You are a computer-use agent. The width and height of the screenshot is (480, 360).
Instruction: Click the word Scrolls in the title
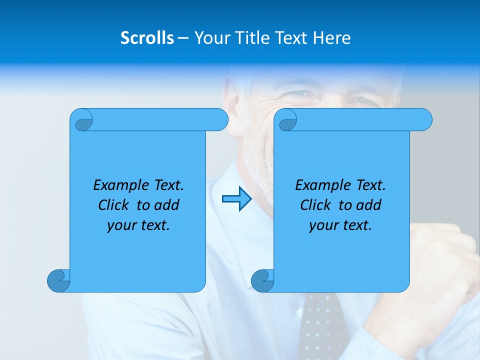tap(147, 38)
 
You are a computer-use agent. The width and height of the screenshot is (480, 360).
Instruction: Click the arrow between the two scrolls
tap(236, 199)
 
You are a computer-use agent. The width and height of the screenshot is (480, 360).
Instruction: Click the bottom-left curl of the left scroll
tap(58, 280)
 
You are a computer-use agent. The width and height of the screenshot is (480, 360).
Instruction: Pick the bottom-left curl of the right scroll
tap(262, 280)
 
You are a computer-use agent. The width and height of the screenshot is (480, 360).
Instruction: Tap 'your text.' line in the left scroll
tap(138, 225)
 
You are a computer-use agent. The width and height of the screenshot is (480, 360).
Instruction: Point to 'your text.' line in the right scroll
tap(340, 225)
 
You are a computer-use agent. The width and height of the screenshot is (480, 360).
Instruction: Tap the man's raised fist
tap(440, 260)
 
